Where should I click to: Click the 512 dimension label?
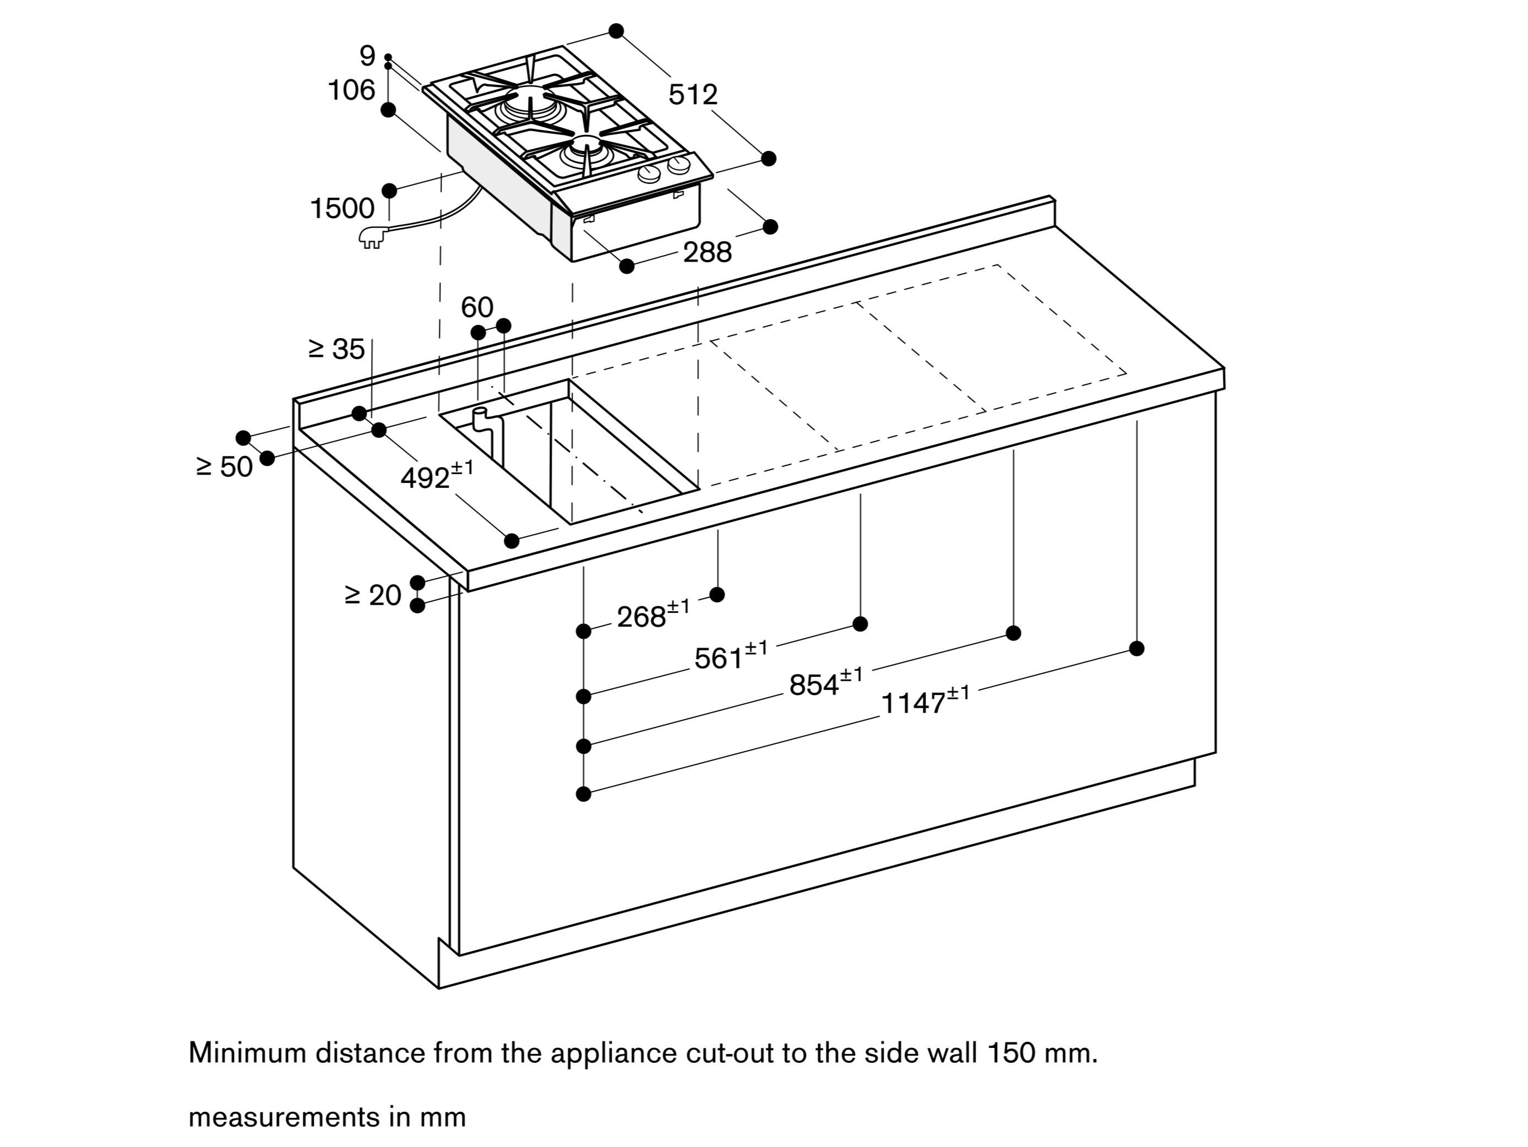click(693, 95)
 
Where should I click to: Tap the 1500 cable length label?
click(342, 208)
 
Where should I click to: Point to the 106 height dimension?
click(351, 90)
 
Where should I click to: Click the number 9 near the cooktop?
click(367, 55)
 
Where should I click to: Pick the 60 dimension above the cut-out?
click(477, 307)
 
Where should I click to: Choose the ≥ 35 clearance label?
click(336, 349)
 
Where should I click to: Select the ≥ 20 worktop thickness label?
click(373, 595)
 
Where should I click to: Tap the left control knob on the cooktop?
click(649, 173)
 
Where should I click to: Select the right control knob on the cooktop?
click(679, 165)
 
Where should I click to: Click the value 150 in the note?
click(1010, 1052)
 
